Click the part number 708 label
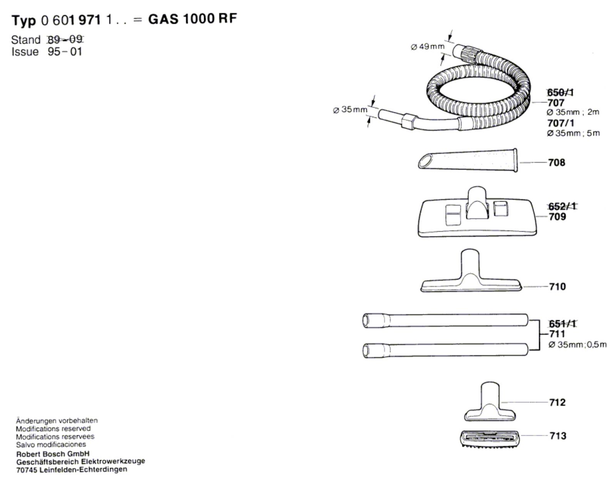[557, 163]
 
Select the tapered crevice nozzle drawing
[468, 159]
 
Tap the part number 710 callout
[557, 287]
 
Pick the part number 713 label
[558, 436]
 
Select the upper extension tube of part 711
[445, 320]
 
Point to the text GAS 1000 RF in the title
[192, 19]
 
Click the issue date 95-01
[65, 52]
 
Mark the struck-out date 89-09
[65, 39]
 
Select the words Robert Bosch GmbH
[53, 454]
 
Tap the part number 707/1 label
[561, 123]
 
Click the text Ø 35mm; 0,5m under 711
[577, 344]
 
